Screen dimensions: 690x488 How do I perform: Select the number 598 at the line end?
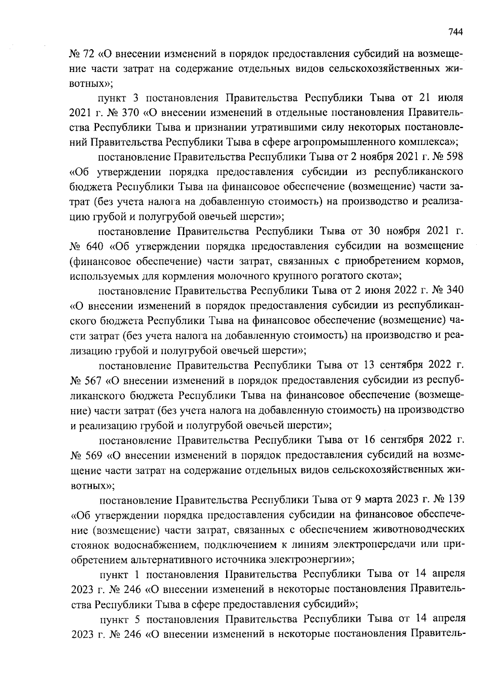coord(455,157)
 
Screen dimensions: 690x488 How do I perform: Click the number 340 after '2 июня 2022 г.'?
coord(455,290)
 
